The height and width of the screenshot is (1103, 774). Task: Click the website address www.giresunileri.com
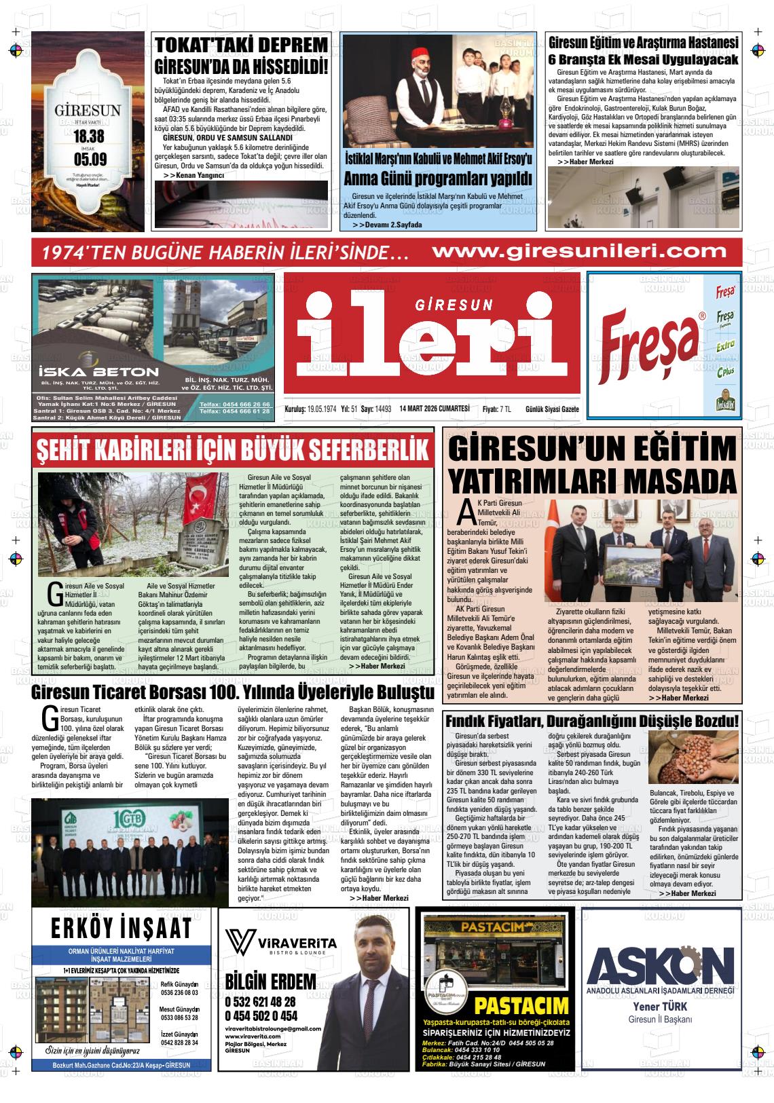pos(579,251)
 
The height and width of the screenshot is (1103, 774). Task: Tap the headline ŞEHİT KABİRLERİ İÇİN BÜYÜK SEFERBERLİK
pos(233,449)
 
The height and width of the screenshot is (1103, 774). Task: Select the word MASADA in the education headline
pos(678,480)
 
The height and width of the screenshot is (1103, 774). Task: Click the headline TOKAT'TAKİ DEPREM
pos(242,46)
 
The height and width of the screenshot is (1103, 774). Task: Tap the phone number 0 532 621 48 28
pos(260,1001)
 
